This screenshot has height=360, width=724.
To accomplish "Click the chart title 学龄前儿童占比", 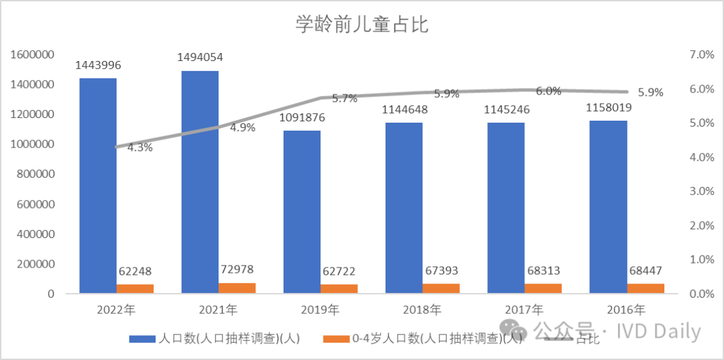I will pyautogui.click(x=362, y=25).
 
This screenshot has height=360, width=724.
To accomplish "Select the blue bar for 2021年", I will pyautogui.click(x=200, y=181).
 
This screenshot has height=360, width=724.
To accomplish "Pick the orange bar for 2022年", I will pyautogui.click(x=135, y=289).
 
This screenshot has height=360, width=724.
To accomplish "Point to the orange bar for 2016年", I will pyautogui.click(x=646, y=288).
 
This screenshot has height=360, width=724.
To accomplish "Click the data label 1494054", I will pyautogui.click(x=200, y=58).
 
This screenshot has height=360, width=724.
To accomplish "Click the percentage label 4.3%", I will pyautogui.click(x=139, y=147).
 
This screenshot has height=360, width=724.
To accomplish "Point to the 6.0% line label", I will pyautogui.click(x=548, y=92).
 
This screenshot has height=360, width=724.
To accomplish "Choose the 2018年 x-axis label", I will pyautogui.click(x=422, y=310).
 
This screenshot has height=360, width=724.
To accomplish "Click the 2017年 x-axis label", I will pyautogui.click(x=524, y=310).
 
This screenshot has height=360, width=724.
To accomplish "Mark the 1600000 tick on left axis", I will pyautogui.click(x=32, y=54).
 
